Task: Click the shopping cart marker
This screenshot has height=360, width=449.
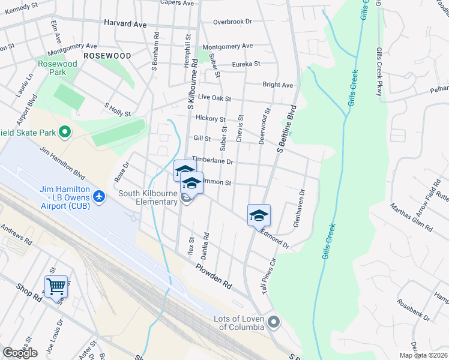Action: pyautogui.click(x=56, y=287)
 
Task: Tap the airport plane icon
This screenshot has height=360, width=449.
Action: pyautogui.click(x=99, y=196)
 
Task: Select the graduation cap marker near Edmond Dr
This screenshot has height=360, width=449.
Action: pyautogui.click(x=259, y=215)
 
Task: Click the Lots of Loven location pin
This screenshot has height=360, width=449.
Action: pyautogui.click(x=274, y=322)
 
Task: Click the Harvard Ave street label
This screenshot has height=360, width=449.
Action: pyautogui.click(x=125, y=24)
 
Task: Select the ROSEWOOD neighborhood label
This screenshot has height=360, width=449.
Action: pyautogui.click(x=107, y=55)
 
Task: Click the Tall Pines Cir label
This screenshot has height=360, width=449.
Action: pyautogui.click(x=268, y=271)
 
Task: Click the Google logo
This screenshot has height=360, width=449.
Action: pyautogui.click(x=20, y=353)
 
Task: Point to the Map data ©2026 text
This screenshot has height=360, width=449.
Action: pyautogui.click(x=423, y=355)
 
